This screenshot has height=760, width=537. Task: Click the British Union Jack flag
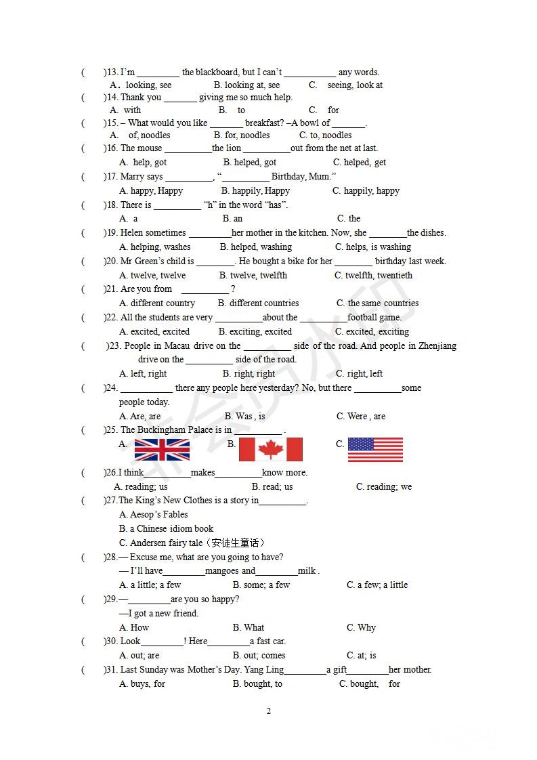tap(162, 450)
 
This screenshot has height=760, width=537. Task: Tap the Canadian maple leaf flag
tap(270, 450)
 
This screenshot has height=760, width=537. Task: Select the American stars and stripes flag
tap(375, 450)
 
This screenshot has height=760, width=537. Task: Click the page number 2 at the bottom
tap(269, 711)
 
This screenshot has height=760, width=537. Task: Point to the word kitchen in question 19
tap(292, 233)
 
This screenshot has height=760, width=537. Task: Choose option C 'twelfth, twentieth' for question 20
tap(373, 276)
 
